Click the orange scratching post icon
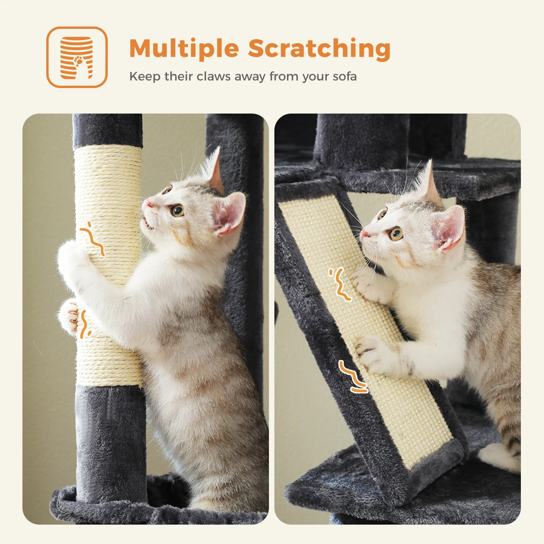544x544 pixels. (77, 57)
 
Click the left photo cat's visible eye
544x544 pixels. (177, 211)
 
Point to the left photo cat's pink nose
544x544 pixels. (149, 204)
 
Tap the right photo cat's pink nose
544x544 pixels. (365, 233)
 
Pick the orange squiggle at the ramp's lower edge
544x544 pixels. (353, 377)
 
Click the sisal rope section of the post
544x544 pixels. (109, 265)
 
